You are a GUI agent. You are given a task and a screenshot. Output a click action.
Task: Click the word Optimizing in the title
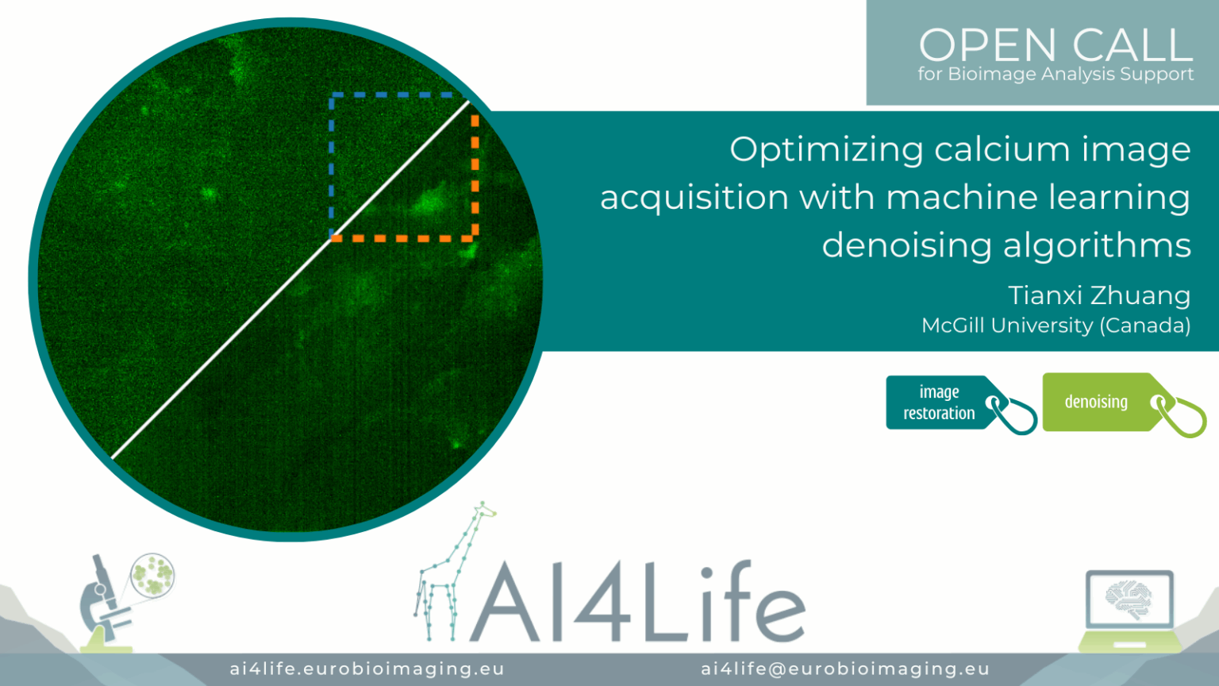pos(826,150)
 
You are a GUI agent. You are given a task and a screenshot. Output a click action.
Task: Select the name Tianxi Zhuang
pos(1099,295)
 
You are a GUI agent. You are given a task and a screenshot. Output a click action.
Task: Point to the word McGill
pos(953,326)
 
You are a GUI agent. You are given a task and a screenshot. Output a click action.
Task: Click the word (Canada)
pos(1145,326)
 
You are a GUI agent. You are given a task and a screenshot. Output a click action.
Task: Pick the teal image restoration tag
pos(961,404)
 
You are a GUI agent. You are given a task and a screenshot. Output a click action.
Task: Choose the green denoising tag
pos(1125,405)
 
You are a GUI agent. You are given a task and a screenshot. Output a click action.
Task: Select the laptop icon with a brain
pos(1130,610)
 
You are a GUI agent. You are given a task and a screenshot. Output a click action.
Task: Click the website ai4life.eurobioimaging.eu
pos(367,669)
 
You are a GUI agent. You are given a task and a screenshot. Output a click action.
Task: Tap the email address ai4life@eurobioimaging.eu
pos(845,669)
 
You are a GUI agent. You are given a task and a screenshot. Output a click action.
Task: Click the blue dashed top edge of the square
pos(390,94)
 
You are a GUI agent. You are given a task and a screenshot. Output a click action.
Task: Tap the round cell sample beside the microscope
pos(153,575)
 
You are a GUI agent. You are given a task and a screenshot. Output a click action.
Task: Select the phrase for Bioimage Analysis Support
pos(1056,74)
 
